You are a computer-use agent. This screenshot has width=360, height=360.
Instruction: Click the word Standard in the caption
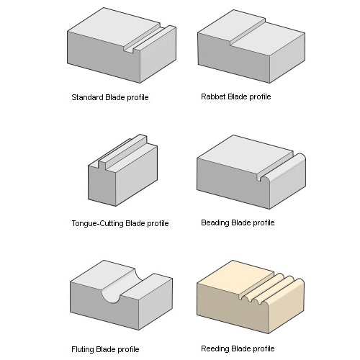[87, 97]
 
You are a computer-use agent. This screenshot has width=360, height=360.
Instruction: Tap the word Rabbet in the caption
[213, 96]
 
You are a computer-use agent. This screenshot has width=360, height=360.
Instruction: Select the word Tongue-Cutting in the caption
[98, 223]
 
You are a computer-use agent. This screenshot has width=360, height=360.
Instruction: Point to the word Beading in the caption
[215, 222]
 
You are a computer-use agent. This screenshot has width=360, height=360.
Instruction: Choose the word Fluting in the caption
[82, 349]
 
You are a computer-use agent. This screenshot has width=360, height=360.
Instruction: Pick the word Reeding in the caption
[215, 348]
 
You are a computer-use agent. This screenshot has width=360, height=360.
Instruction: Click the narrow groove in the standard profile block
[147, 39]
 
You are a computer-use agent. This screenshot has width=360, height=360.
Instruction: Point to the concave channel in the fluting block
[121, 286]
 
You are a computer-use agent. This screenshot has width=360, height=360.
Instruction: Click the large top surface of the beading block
[246, 153]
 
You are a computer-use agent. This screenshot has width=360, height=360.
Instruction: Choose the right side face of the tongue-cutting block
[137, 174]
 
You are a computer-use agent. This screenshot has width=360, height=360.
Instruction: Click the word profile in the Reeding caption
[262, 348]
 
